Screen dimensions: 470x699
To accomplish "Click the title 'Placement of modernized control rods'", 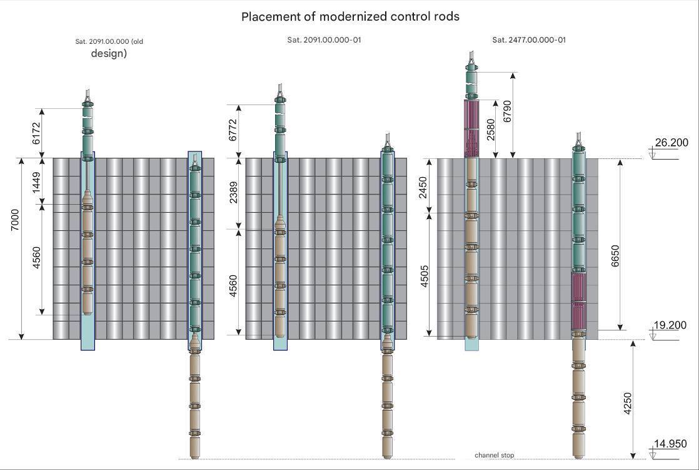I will pyautogui.click(x=350, y=17).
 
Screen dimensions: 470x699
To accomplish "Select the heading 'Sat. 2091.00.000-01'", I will pyautogui.click(x=324, y=40).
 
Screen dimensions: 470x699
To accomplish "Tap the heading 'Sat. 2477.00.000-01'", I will pyautogui.click(x=529, y=40).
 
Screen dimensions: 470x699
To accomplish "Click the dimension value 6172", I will pyautogui.click(x=36, y=133).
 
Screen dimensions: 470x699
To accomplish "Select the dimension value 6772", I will pyautogui.click(x=233, y=130).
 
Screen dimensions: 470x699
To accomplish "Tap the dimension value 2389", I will pyautogui.click(x=233, y=193).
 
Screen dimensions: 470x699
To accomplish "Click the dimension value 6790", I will pyautogui.click(x=507, y=111).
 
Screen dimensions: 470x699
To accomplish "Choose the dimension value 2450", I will pyautogui.click(x=423, y=186).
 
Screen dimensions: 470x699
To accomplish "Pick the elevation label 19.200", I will pyautogui.click(x=670, y=325).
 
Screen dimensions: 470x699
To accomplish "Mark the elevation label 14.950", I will pyautogui.click(x=670, y=444).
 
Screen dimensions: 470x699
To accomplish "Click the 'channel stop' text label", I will pyautogui.click(x=494, y=455).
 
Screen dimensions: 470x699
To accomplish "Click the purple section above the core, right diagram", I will pyautogui.click(x=470, y=127).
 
